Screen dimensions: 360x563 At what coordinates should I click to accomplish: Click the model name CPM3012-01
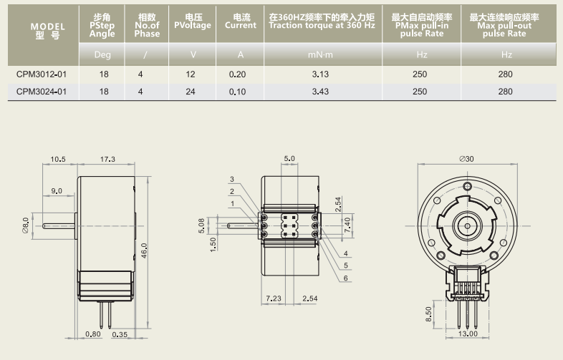(x=42, y=74)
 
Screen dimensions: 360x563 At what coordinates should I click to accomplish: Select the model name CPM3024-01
(x=42, y=92)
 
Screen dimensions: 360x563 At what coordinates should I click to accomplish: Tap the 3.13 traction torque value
(x=320, y=74)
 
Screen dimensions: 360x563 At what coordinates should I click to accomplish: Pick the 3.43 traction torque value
(x=320, y=92)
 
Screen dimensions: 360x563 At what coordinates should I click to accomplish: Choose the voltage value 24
(x=191, y=92)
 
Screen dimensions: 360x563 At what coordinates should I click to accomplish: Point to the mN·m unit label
(x=320, y=54)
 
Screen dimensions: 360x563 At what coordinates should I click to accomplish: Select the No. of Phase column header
(x=147, y=25)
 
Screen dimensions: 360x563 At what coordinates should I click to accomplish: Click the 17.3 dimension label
(x=107, y=159)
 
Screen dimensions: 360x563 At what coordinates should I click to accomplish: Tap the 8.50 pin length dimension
(x=428, y=313)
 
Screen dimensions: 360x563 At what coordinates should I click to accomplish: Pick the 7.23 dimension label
(x=273, y=297)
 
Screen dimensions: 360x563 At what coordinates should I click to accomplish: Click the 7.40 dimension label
(x=348, y=223)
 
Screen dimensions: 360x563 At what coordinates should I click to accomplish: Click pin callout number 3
(x=232, y=179)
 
